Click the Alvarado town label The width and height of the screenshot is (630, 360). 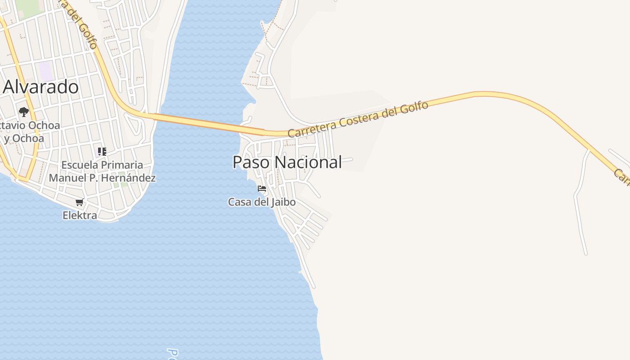pyautogui.click(x=41, y=87)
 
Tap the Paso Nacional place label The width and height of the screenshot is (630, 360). pyautogui.click(x=287, y=162)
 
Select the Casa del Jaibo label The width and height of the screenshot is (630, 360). pyautogui.click(x=262, y=202)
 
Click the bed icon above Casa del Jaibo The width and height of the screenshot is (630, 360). pyautogui.click(x=262, y=189)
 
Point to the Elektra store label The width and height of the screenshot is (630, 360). pyautogui.click(x=80, y=216)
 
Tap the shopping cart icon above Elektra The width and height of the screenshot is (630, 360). pyautogui.click(x=80, y=202)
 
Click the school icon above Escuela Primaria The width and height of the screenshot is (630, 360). pyautogui.click(x=102, y=152)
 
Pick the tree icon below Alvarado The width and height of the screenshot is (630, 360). pyautogui.click(x=24, y=112)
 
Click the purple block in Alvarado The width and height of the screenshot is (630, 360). pyautogui.click(x=45, y=71)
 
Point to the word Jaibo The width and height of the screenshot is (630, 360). pyautogui.click(x=283, y=202)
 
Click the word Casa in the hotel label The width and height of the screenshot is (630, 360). pyautogui.click(x=239, y=202)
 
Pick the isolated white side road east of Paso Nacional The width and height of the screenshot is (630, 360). pyautogui.click(x=580, y=202)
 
